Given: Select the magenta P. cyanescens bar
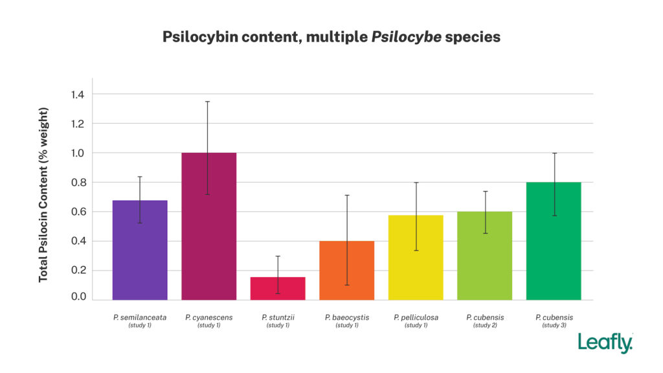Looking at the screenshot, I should pos(208,227).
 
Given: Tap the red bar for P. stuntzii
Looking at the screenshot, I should pos(278,289).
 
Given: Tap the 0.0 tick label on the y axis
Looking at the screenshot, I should pos(78,297).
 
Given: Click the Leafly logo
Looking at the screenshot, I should pos(605,343).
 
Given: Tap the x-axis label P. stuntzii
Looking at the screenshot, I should pos(278,317).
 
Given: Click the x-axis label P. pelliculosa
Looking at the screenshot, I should pos(416,317).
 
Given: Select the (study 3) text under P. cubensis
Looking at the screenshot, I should pos(554,325).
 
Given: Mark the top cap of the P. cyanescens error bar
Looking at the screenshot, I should pos(208,102).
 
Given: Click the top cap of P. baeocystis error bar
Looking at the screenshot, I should pos(346,195).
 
